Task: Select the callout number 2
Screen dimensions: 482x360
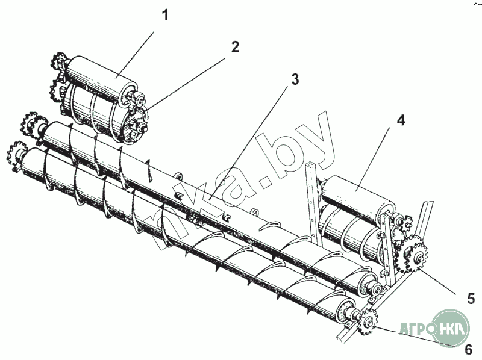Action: (236, 47)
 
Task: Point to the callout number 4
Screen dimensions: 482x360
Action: (401, 120)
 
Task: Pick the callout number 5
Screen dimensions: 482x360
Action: (471, 299)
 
